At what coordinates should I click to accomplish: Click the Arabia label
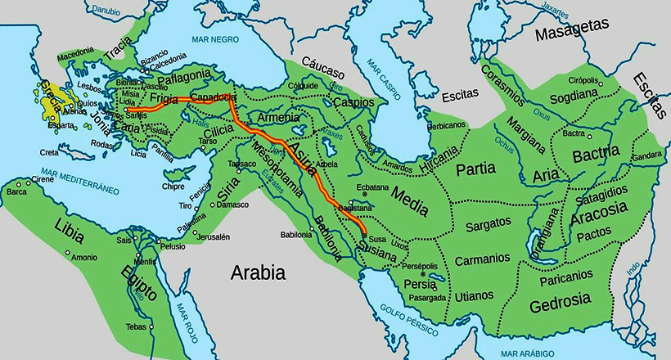pyautogui.click(x=257, y=272)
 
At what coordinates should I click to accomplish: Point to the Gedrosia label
pyautogui.click(x=560, y=302)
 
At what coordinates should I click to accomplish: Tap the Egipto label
pyautogui.click(x=138, y=285)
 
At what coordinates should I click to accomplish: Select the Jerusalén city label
pyautogui.click(x=212, y=237)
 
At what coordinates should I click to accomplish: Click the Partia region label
pyautogui.click(x=475, y=170)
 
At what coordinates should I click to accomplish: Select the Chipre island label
pyautogui.click(x=173, y=186)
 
